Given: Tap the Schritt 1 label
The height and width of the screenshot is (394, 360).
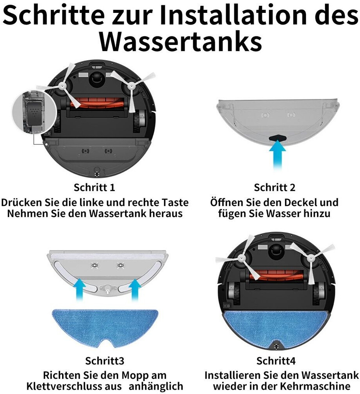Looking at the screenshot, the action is (94, 188).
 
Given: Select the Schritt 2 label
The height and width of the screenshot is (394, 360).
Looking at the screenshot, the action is (274, 188).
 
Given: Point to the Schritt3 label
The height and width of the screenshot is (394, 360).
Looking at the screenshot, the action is (105, 361).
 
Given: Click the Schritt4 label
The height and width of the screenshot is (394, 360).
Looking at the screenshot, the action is (276, 361).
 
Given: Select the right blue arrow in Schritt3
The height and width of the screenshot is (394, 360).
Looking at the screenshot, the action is (135, 290).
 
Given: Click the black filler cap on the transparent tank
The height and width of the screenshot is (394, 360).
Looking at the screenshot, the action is (278, 138).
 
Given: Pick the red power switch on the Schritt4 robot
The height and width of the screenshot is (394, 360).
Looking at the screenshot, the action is (227, 306).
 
